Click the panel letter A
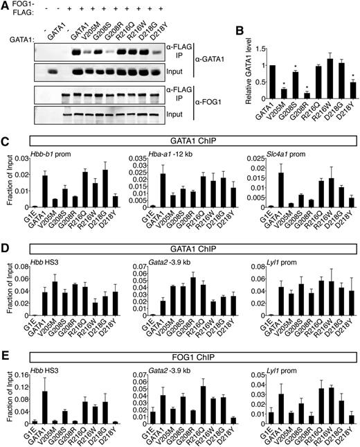(x=6, y=6)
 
